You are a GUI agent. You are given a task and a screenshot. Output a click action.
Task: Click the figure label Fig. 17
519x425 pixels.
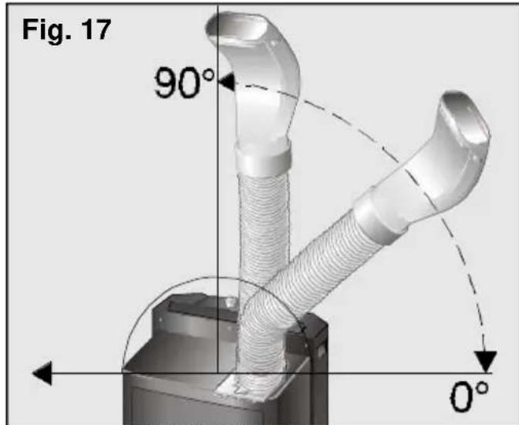coord(66,30)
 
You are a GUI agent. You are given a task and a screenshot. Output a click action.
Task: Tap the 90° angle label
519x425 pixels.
coord(184,83)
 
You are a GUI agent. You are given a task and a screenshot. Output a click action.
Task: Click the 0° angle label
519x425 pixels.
coord(469,396)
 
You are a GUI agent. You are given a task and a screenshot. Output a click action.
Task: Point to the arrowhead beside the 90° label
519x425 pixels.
coord(227,82)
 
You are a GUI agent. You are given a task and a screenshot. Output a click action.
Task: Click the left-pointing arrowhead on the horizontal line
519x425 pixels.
coord(42,373)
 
